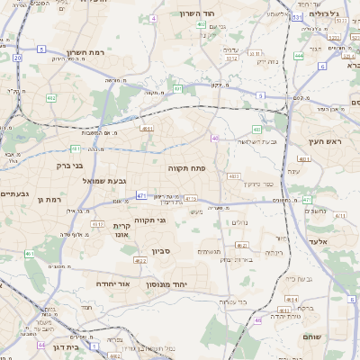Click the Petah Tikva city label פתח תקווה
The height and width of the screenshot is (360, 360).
pos(188,167)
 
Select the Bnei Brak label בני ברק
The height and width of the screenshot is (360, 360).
pos(64,165)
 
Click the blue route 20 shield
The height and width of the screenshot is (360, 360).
pos(17,58)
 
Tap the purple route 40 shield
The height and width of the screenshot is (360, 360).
pos(214,138)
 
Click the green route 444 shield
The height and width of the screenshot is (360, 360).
pos(298,56)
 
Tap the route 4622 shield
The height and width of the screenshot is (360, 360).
pos(139,260)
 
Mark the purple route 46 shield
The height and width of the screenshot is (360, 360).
pos(258,319)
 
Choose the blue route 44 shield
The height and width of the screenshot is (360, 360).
pos(40,345)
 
